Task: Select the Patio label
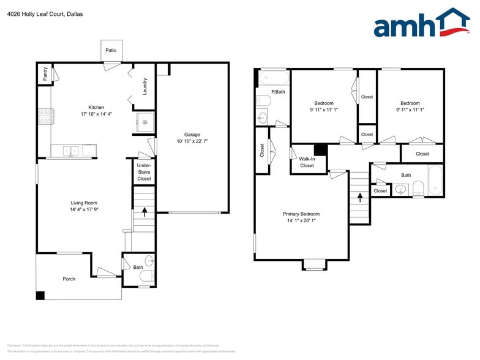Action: [x=110, y=50]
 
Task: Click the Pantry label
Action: [x=45, y=74]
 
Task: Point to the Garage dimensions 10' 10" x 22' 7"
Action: [x=192, y=141]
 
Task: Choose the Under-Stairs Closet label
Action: [x=144, y=172]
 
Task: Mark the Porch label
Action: [x=69, y=279]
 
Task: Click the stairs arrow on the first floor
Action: [x=144, y=212]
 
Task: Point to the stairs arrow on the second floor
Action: [x=359, y=196]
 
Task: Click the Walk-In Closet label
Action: [x=307, y=162]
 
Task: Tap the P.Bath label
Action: [x=278, y=92]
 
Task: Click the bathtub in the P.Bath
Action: [x=273, y=78]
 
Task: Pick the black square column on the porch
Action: [x=40, y=296]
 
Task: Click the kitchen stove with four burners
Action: [x=44, y=116]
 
